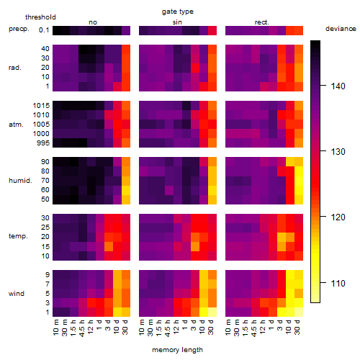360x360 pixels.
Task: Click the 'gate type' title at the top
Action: click(178, 12)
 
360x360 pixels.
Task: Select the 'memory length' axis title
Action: click(177, 350)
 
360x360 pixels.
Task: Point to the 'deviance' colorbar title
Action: click(341, 29)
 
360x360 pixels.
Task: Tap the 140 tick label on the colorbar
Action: click(338, 86)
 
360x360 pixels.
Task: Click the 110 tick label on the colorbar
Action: click(338, 284)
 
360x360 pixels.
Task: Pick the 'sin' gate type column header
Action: click(177, 22)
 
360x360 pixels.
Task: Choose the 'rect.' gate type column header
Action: click(262, 22)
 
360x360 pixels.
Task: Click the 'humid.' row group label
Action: click(20, 181)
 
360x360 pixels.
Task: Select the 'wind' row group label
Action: click(17, 294)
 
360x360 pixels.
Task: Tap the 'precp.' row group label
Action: click(19, 29)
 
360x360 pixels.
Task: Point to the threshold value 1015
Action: click(41, 106)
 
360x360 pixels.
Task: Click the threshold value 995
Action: click(43, 143)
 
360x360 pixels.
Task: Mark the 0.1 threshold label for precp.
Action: click(44, 30)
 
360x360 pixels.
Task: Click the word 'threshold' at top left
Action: click(40, 17)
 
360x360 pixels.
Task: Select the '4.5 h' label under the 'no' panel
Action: click(82, 328)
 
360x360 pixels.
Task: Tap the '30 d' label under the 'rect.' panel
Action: click(297, 327)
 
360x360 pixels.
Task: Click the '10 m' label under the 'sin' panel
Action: click(143, 328)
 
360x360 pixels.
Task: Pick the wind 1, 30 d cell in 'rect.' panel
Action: click(299, 312)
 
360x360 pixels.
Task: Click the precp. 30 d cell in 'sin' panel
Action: click(212, 31)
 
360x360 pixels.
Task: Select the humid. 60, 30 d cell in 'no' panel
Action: click(126, 190)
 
